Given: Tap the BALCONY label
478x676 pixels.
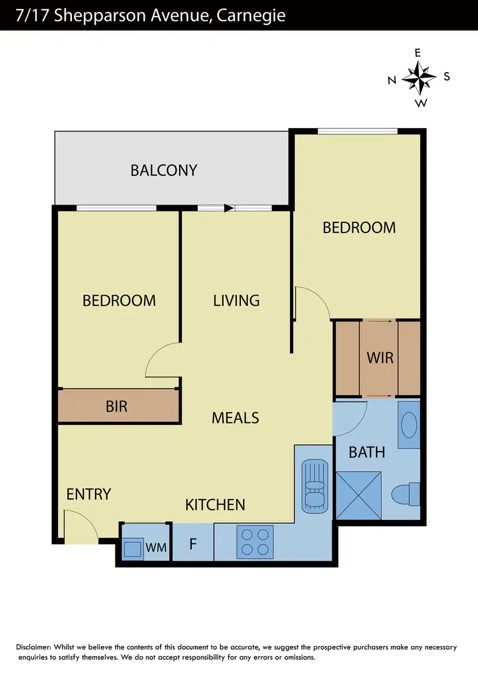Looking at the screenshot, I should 164,170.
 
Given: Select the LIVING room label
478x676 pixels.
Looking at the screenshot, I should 236,300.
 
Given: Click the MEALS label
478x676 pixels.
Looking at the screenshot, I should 235,417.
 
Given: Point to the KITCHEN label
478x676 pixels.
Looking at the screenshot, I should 215,505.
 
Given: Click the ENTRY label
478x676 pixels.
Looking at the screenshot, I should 89,494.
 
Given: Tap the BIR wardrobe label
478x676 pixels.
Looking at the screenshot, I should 117,406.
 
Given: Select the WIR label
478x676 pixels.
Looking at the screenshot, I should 380,357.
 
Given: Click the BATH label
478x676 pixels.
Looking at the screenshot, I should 367,452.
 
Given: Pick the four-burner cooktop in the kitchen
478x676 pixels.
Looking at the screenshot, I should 256,541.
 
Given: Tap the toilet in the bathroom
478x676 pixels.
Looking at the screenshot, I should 405,494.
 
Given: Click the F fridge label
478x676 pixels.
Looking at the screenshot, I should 192,544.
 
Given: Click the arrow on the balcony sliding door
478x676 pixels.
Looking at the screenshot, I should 228,207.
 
